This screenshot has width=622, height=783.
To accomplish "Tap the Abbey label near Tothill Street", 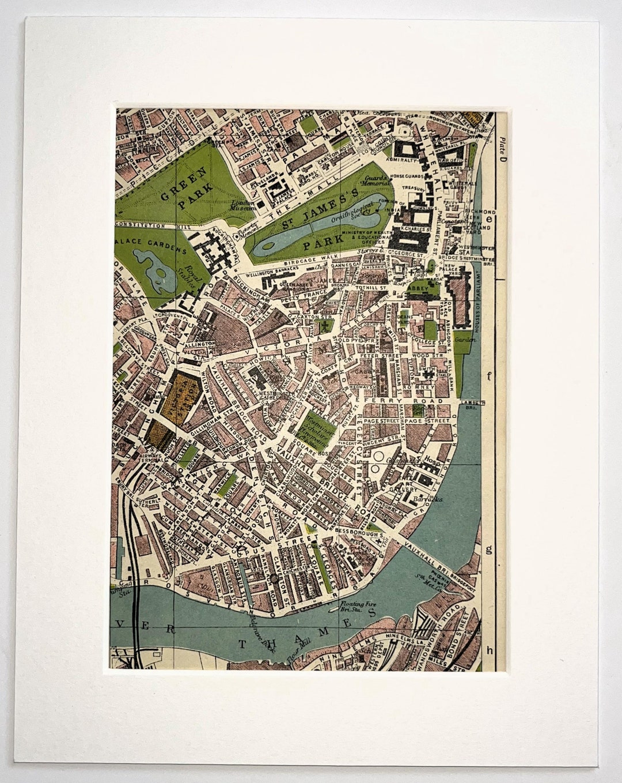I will tap(416, 289).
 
